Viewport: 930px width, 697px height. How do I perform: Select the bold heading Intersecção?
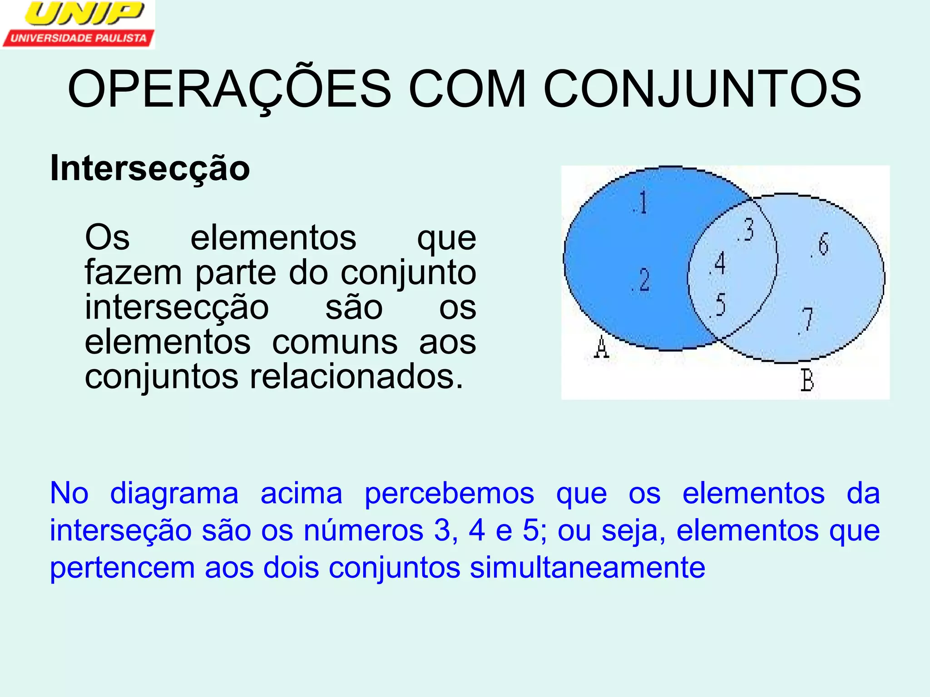coord(150,168)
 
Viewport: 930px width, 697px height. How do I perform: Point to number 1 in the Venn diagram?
coord(642,202)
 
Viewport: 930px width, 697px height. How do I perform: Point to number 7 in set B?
coord(806,319)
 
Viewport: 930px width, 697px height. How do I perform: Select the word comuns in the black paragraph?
coord(335,342)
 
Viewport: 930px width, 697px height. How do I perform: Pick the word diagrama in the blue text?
coord(174,494)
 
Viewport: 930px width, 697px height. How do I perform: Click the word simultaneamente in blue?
coord(587,568)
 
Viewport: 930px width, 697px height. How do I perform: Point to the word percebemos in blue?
coord(449,494)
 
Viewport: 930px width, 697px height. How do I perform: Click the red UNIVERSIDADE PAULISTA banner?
coord(78,39)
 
